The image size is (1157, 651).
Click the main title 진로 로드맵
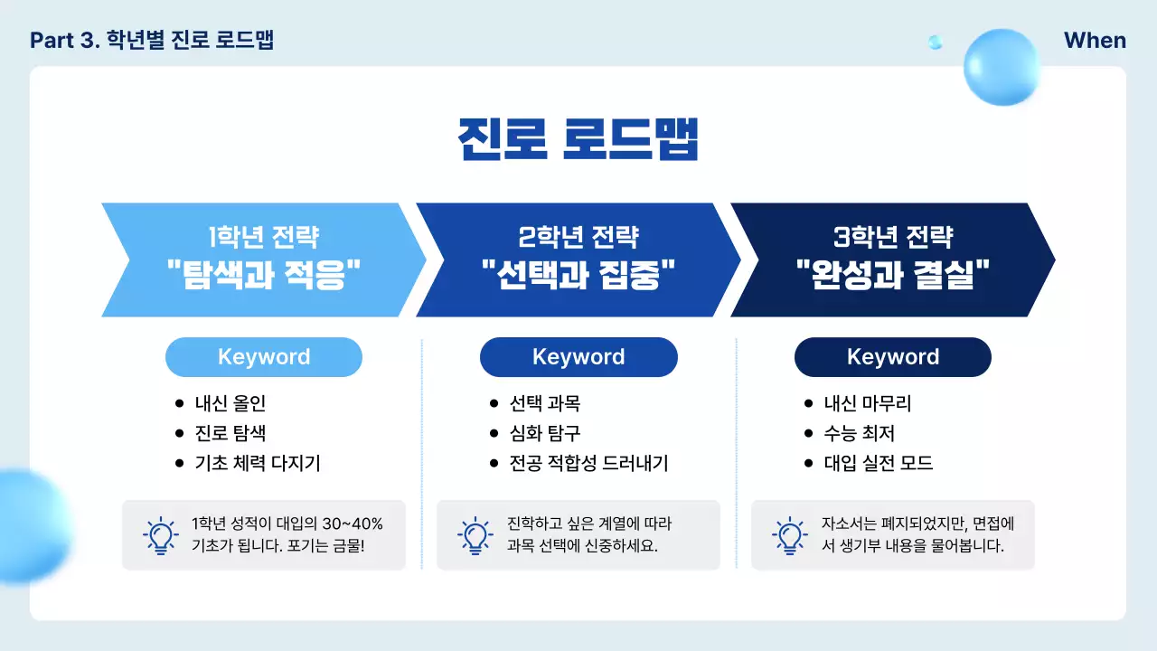578,139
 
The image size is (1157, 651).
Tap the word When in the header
1095,41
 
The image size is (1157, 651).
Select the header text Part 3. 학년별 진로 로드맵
152,41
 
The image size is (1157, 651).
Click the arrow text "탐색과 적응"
264,272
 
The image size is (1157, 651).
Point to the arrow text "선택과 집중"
578,272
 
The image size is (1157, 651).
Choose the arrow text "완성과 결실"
893,272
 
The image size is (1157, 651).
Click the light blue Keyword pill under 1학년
264,357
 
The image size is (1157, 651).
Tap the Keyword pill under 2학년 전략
578,357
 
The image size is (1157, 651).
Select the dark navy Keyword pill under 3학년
893,357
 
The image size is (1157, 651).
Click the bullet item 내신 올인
230,403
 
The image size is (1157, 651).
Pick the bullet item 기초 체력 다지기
258,464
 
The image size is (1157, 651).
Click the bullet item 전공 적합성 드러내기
588,464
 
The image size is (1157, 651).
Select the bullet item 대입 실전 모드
879,464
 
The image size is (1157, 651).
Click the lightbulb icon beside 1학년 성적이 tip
160,535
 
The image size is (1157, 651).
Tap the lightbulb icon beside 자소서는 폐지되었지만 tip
789,535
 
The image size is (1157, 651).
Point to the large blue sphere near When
1002,66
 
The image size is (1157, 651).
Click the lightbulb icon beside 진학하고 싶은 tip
475,535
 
